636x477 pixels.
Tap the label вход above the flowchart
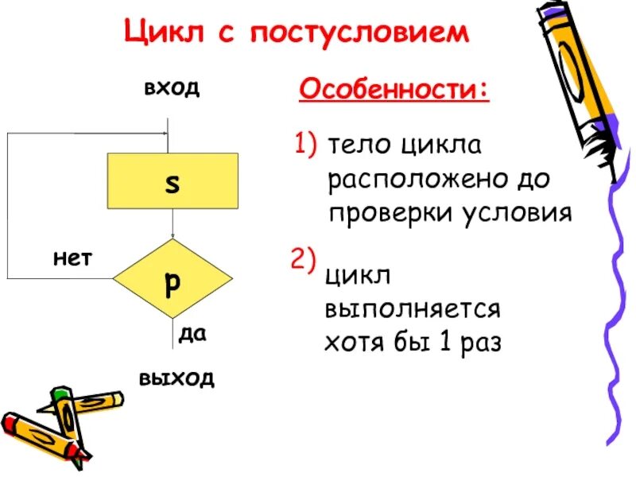(171, 87)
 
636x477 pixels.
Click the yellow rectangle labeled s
(173, 180)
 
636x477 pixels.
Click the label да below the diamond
(192, 335)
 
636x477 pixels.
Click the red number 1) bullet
(306, 145)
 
